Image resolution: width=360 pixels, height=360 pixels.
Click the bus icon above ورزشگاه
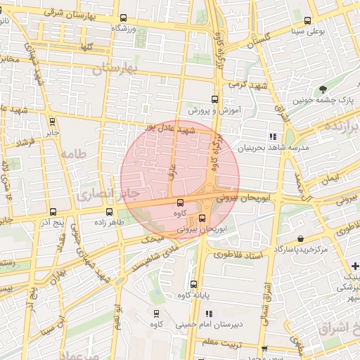124,18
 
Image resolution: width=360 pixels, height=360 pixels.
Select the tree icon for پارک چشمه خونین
323,89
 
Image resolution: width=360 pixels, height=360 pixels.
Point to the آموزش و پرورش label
215,111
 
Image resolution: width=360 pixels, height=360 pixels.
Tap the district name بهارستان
117,68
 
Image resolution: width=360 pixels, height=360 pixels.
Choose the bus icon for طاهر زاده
109,211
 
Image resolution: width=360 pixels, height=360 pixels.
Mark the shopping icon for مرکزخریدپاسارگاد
302,238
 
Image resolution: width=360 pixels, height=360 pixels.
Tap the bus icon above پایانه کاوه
193,284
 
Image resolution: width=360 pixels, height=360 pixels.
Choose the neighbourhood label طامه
73,153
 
